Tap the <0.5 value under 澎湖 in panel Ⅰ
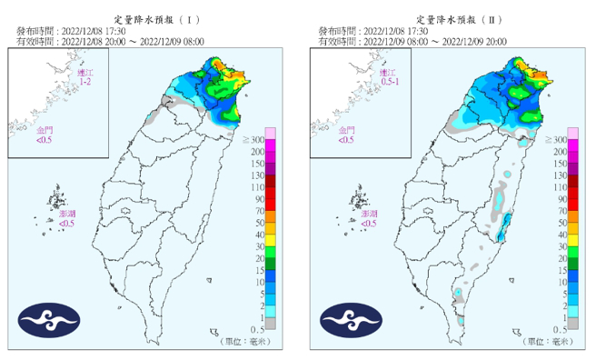(66, 224)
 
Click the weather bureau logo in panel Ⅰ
(50, 320)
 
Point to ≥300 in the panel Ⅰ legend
(253, 139)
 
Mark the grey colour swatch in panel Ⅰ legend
(271, 324)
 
